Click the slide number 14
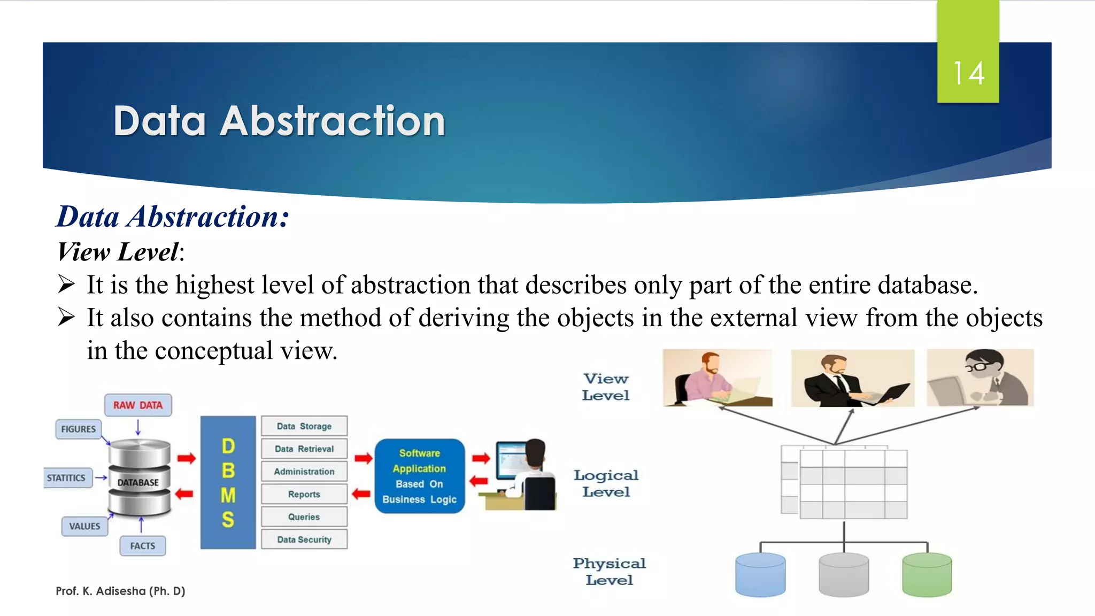[x=968, y=73]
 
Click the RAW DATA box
[x=138, y=405]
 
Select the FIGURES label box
[x=79, y=429]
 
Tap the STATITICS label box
[x=66, y=478]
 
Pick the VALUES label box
[x=84, y=526]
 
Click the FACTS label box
[x=142, y=546]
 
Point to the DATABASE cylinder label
[x=138, y=482]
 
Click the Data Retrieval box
[x=304, y=449]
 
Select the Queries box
[x=304, y=517]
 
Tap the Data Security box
[x=304, y=540]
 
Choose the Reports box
[x=304, y=495]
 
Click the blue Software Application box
[x=420, y=476]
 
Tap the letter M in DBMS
[x=228, y=495]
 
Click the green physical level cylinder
[x=927, y=575]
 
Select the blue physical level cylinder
[x=760, y=575]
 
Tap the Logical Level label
[x=606, y=483]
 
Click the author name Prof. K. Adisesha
[x=120, y=591]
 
